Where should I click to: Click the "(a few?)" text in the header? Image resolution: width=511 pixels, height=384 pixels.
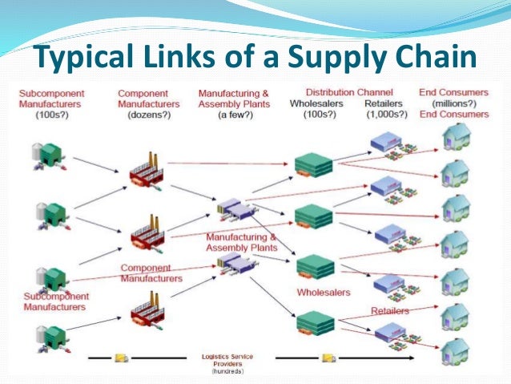coord(231,114)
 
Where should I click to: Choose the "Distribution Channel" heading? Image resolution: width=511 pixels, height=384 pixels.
coord(345,92)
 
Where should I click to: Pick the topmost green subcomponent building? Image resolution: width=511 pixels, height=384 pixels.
coord(52,152)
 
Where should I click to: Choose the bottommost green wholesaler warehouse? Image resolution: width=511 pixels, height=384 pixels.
coord(312,322)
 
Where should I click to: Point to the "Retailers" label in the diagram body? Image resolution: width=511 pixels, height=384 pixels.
coord(390,310)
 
